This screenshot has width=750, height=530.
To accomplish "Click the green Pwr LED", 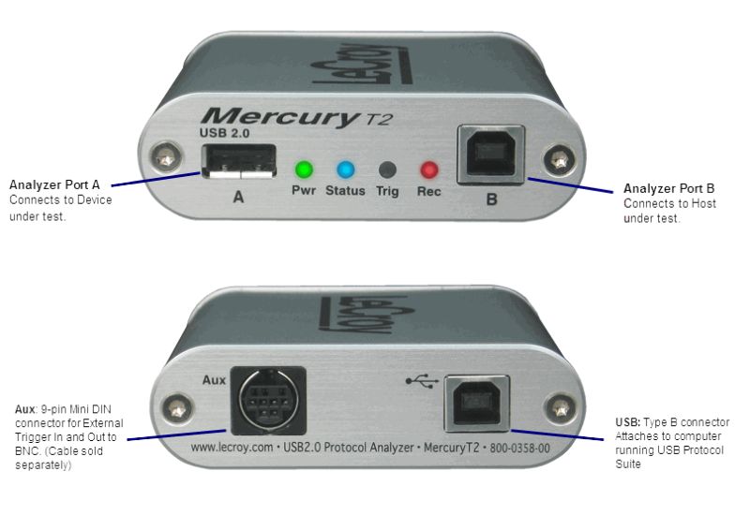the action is point(304,169).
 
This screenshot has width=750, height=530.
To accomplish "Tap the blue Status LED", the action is point(345,169).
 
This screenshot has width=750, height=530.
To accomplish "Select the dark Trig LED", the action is point(387,169).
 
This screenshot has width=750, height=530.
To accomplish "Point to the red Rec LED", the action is point(429,169).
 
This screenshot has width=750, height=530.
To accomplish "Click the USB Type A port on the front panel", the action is point(239,162).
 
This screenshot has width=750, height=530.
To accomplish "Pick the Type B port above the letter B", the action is point(491,155).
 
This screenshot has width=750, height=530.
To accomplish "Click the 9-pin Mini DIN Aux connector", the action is point(268,401).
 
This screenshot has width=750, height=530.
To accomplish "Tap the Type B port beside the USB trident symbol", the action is point(476,404).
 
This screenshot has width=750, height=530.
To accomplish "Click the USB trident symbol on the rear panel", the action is point(422,381).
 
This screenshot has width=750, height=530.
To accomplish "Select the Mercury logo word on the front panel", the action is point(280,117).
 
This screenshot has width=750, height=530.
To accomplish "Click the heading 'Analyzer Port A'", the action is point(54,185).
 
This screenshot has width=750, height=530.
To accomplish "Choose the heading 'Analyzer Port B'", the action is point(668,188).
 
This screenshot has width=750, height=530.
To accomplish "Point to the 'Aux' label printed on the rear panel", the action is point(214,380).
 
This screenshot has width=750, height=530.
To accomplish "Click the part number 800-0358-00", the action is point(519,449).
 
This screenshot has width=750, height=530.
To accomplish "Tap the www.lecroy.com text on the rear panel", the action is point(232,448).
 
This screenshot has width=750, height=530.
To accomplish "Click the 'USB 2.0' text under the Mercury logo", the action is point(224,133).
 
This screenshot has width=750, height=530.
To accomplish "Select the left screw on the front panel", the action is point(166,157).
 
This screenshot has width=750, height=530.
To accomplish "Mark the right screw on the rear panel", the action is point(561,408).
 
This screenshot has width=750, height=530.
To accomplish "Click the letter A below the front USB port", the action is point(238,197).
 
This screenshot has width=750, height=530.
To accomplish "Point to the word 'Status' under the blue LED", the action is point(345,191).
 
